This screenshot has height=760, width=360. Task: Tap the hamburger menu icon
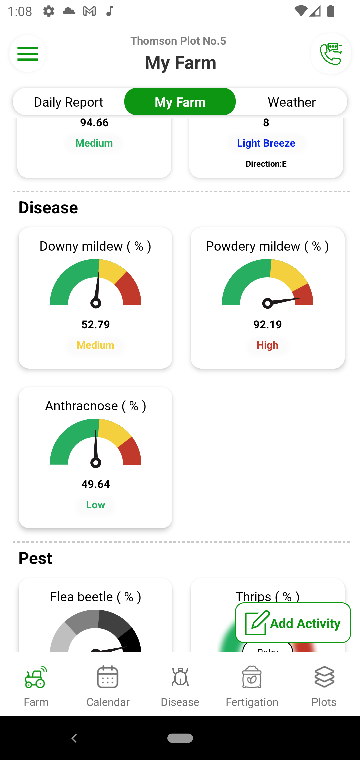click(x=28, y=54)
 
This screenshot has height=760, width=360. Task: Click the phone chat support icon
click(x=331, y=53)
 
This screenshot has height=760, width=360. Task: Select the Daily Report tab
click(x=68, y=102)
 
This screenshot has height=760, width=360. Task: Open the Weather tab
click(x=292, y=102)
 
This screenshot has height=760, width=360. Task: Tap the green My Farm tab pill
click(x=180, y=102)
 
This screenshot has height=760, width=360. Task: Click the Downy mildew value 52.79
click(x=96, y=324)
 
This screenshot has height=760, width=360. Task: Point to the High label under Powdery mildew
click(x=267, y=345)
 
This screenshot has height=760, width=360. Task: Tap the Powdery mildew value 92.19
click(x=268, y=324)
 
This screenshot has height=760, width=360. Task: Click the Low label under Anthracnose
click(x=96, y=505)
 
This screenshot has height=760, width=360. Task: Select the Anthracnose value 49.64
click(x=96, y=484)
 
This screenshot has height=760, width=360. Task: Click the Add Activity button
click(x=293, y=623)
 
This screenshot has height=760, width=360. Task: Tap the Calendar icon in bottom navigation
click(x=108, y=677)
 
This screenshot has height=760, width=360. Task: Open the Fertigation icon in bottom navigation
click(x=252, y=677)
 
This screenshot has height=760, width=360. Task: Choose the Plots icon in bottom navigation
click(x=324, y=677)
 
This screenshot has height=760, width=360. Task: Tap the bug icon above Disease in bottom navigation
click(x=180, y=677)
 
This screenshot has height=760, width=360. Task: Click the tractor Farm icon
click(x=36, y=677)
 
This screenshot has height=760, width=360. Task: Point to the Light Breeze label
click(x=266, y=143)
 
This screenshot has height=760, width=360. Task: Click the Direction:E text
click(x=266, y=164)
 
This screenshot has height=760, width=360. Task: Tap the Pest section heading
click(x=35, y=558)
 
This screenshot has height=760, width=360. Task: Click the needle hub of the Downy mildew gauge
click(x=96, y=303)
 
